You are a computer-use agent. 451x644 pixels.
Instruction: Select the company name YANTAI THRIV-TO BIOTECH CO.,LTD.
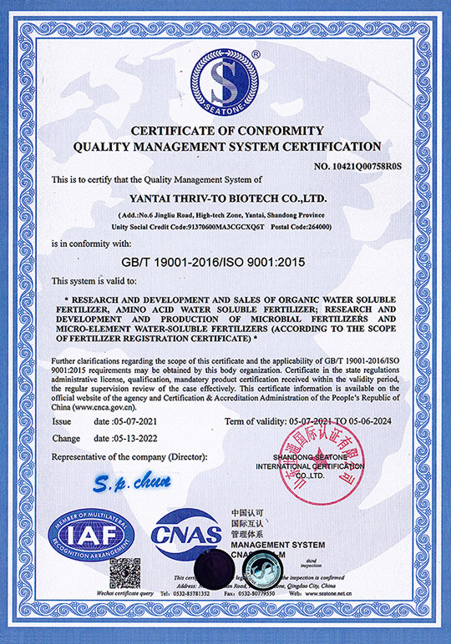click(x=225, y=199)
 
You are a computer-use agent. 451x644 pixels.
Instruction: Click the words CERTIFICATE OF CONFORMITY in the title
click(x=225, y=130)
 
